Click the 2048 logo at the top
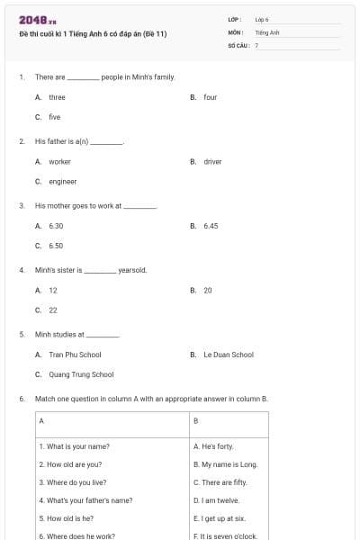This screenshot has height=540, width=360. [x=38, y=20]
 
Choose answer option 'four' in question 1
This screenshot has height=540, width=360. [x=210, y=97]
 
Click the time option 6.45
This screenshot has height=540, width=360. [x=211, y=226]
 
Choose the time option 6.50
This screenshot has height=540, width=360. [x=56, y=245]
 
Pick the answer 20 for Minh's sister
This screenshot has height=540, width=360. [x=208, y=291]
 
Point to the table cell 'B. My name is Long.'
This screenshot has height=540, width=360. [x=225, y=464]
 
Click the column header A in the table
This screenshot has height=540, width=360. [x=41, y=421]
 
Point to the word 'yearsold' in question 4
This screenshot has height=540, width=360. [x=132, y=270]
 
